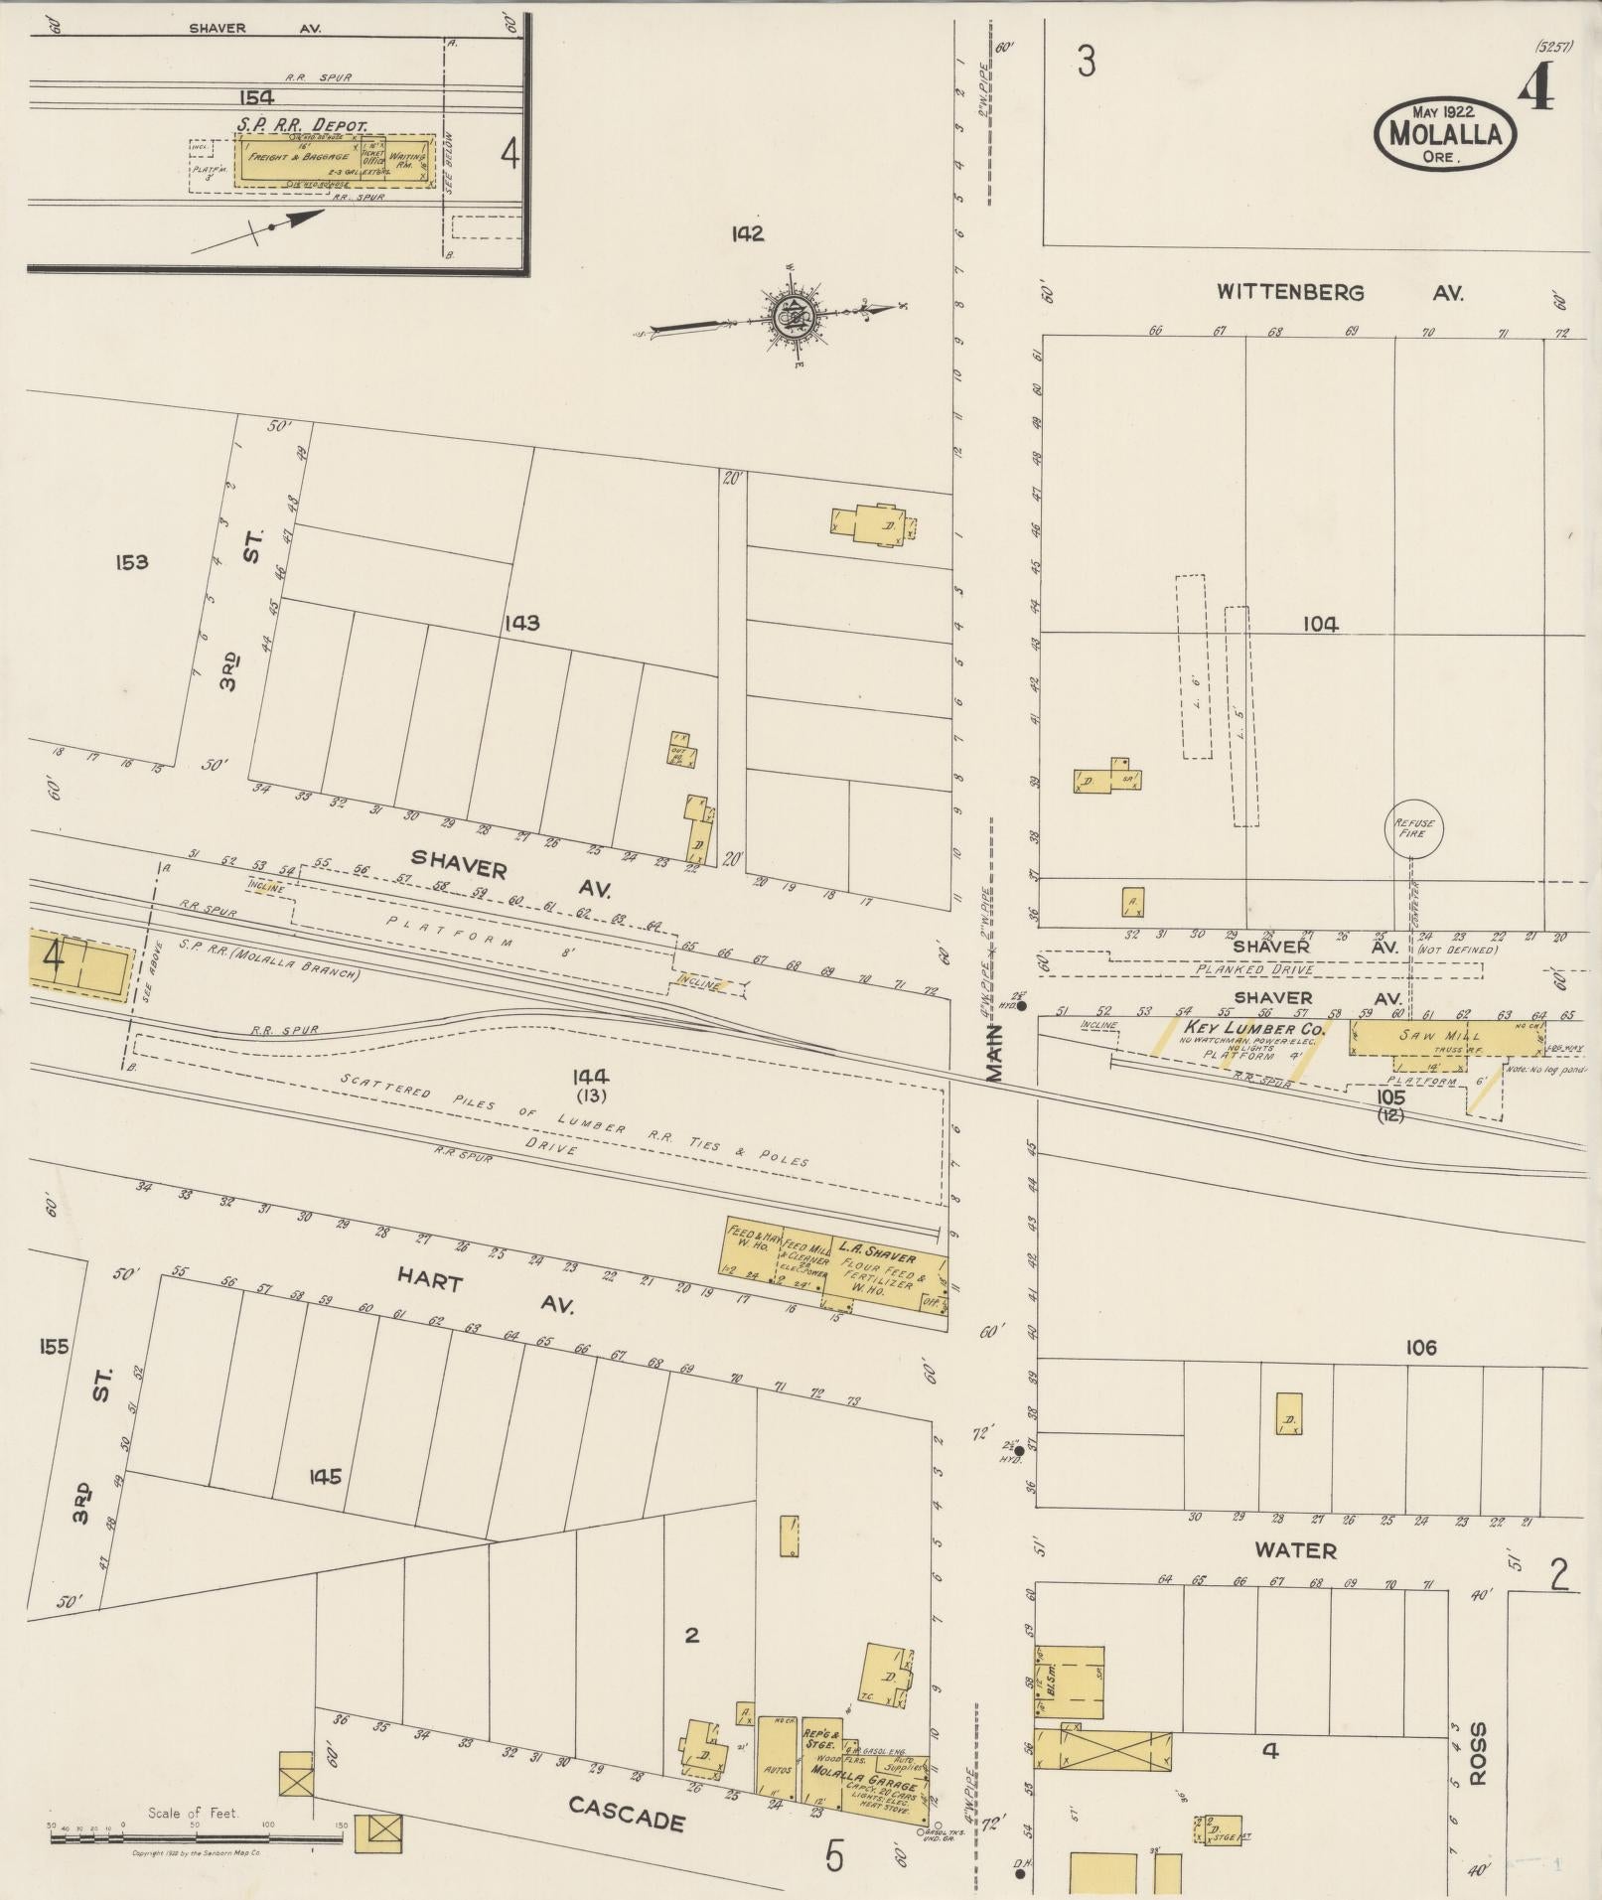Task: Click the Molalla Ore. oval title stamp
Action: point(1445,133)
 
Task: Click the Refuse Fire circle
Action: point(1411,827)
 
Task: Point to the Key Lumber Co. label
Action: point(1253,1028)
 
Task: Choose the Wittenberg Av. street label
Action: point(1340,293)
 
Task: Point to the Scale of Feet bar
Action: point(194,1838)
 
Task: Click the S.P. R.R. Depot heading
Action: point(302,125)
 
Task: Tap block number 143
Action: point(520,623)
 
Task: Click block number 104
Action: point(1321,624)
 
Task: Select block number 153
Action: point(131,562)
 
